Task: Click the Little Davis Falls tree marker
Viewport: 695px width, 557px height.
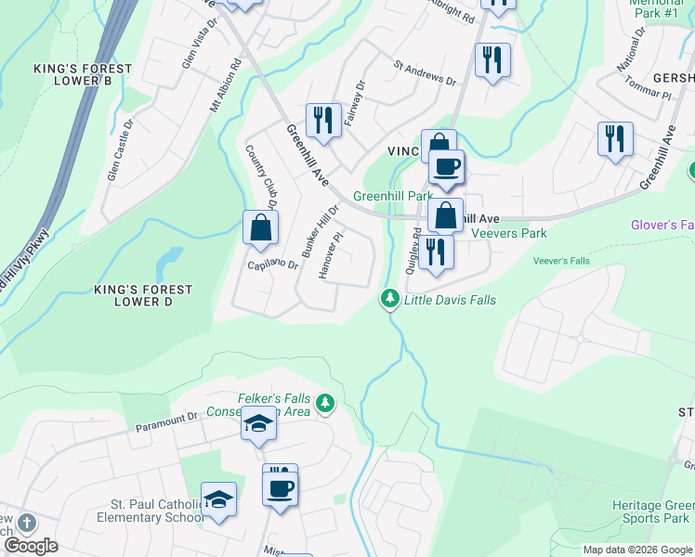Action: (390, 299)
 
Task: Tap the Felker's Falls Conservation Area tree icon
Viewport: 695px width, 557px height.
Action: (324, 403)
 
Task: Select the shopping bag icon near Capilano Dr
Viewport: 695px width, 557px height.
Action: (261, 227)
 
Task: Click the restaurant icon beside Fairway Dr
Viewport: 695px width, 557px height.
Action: (323, 121)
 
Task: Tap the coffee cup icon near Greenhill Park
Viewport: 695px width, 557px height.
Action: (446, 167)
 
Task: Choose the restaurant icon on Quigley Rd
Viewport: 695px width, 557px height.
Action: (435, 251)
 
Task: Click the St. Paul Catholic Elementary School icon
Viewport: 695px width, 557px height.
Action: (218, 499)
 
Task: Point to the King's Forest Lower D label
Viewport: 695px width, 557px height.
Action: (143, 295)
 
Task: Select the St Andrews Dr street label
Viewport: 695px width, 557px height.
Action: (425, 73)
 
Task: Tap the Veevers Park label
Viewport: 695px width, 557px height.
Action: (509, 234)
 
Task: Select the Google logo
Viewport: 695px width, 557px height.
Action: (31, 546)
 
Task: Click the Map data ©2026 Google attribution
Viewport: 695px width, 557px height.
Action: (636, 550)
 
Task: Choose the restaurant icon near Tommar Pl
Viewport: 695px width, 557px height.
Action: (615, 139)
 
